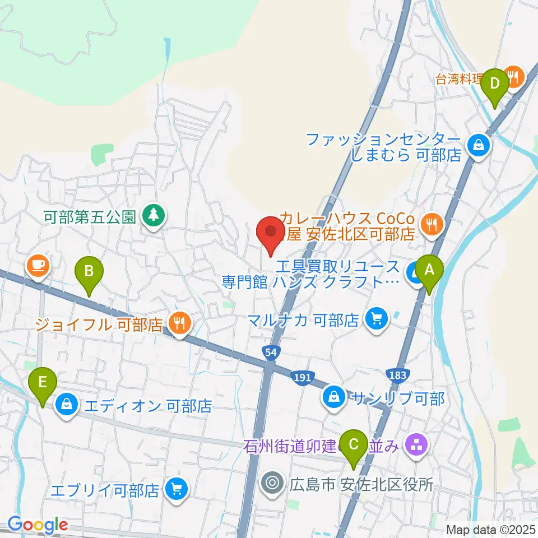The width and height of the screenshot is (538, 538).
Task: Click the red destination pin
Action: coord(271,233)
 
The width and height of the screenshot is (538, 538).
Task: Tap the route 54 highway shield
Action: coord(270,352)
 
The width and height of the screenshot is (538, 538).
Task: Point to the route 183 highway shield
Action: coord(396,374)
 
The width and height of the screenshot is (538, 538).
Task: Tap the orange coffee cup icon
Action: coord(38,264)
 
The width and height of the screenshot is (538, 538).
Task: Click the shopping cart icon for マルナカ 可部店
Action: coord(375,319)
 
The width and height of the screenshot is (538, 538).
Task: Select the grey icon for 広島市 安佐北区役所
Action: coord(273,483)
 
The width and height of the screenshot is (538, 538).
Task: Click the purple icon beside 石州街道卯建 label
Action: coord(416,446)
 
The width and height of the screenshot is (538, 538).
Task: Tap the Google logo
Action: coord(38,525)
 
